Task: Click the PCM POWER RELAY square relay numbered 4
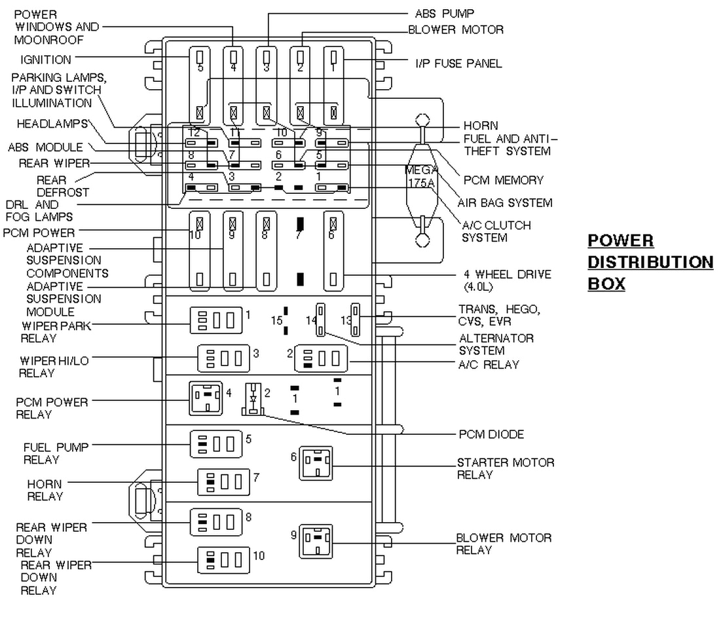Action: point(206,398)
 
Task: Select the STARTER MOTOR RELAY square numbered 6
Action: point(316,464)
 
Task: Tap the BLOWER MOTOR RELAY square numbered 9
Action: point(316,541)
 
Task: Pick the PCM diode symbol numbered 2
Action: point(253,400)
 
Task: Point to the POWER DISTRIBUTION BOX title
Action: point(650,262)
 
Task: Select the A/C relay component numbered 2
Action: point(321,359)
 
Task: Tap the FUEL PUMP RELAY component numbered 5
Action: point(216,443)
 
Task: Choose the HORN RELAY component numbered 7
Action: point(224,483)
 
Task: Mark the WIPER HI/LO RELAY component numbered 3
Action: point(224,359)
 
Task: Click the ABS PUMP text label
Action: point(445,13)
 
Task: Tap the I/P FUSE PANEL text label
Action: point(458,64)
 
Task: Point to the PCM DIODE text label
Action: point(492,434)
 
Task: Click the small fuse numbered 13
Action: point(355,318)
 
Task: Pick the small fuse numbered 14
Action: point(322,320)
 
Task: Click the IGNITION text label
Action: point(45,60)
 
